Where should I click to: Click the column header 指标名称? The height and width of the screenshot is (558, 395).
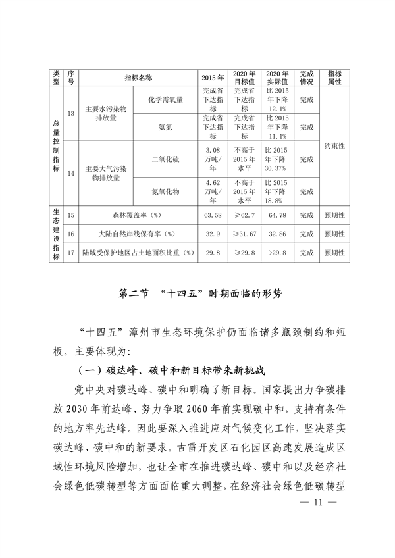(x=138, y=77)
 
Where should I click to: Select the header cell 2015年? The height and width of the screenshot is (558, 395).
(x=212, y=77)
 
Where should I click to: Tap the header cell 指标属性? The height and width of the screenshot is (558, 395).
(x=334, y=77)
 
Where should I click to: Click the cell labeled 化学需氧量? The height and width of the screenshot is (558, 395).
(x=165, y=99)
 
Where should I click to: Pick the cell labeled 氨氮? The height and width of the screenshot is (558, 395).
(x=165, y=126)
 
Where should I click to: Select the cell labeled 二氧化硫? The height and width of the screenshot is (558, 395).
(x=165, y=159)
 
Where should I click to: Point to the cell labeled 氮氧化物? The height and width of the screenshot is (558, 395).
(x=165, y=191)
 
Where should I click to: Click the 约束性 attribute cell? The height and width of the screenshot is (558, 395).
(x=334, y=145)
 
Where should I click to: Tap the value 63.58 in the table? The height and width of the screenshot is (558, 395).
(x=212, y=215)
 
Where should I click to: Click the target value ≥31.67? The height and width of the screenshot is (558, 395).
(x=243, y=234)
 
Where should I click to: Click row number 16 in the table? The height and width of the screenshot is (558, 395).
(x=71, y=234)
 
